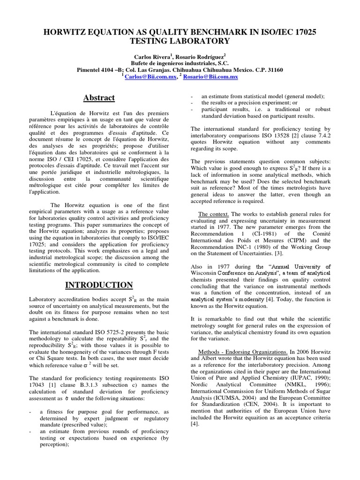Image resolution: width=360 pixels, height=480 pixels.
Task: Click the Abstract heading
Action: point(99,97)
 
